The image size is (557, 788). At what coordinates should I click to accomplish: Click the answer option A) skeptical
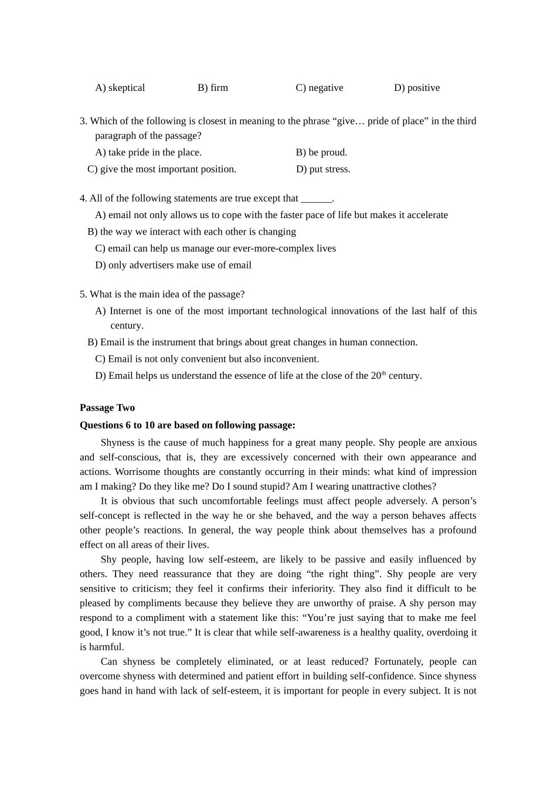[120, 88]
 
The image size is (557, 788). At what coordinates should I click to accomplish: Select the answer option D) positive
[416, 88]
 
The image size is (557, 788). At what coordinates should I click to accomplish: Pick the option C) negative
[319, 88]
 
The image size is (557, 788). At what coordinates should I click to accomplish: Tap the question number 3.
[83, 121]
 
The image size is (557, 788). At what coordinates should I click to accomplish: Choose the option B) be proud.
[321, 152]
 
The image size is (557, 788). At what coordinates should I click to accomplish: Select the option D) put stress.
[323, 169]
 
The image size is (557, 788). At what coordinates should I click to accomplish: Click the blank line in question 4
[316, 199]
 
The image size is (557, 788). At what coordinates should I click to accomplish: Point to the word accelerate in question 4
[426, 215]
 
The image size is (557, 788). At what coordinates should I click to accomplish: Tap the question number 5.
[83, 295]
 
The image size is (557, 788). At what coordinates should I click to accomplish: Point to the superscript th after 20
[384, 373]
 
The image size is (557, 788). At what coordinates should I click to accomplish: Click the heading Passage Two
[107, 408]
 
